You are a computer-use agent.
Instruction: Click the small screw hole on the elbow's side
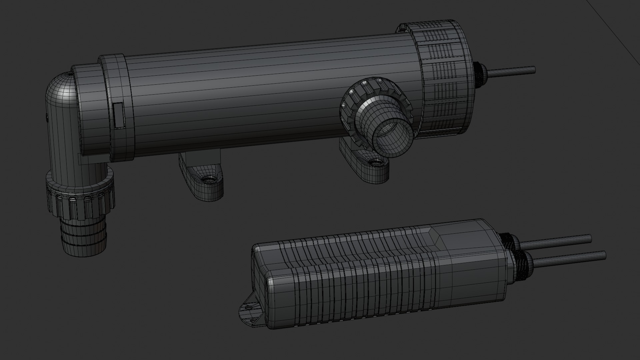coord(46,116)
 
